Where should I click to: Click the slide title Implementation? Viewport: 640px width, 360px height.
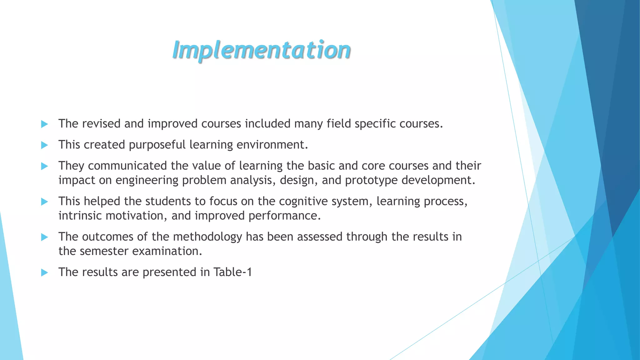(x=261, y=50)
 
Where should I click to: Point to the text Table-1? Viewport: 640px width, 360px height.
(x=232, y=272)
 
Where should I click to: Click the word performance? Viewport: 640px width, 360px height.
(x=284, y=216)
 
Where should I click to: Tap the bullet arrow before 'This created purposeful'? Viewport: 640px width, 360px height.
(x=44, y=145)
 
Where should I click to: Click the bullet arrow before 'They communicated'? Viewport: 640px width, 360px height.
(x=44, y=166)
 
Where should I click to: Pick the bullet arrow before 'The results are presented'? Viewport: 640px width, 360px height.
(x=44, y=273)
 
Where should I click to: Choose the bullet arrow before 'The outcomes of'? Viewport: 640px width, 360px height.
(x=44, y=237)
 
